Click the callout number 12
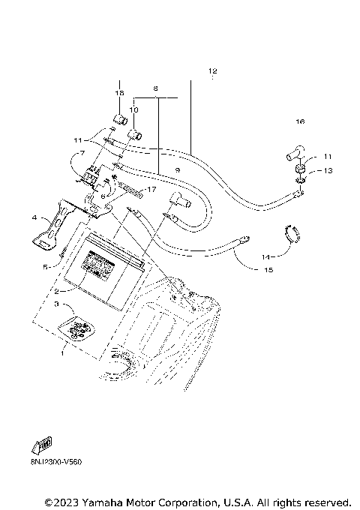tap(212, 71)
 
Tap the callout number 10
tap(133, 109)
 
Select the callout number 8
tap(155, 88)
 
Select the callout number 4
tap(34, 217)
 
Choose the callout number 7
tap(83, 154)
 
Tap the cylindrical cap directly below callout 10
tap(136, 136)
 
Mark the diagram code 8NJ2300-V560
tap(56, 461)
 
